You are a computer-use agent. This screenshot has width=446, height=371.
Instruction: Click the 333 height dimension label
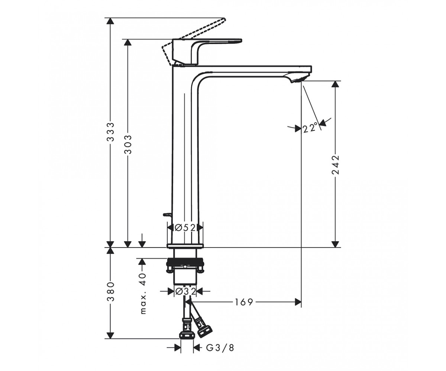click(x=111, y=132)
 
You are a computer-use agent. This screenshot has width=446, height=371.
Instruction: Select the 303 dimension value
click(x=128, y=144)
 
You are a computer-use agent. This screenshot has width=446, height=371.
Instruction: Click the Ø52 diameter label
click(x=185, y=228)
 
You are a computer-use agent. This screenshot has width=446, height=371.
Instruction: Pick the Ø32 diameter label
click(x=185, y=292)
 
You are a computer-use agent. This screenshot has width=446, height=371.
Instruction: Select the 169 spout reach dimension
click(x=244, y=302)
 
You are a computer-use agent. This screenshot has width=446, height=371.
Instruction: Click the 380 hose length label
click(x=111, y=292)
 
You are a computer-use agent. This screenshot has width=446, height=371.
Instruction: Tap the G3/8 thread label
click(x=220, y=348)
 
